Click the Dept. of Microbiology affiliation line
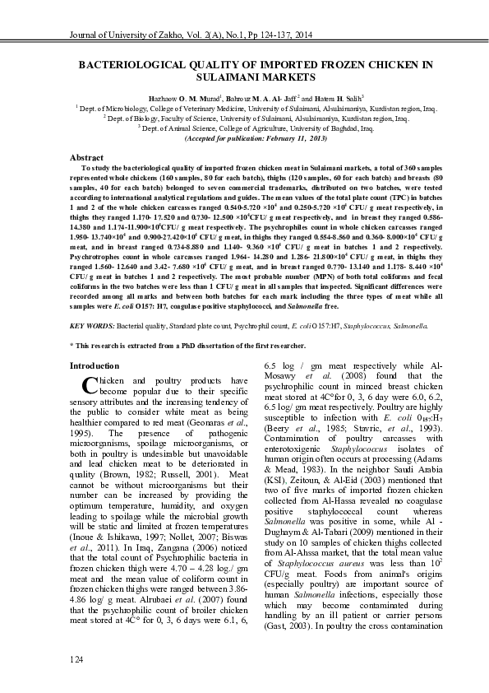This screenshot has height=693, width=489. pyautogui.click(x=244, y=108)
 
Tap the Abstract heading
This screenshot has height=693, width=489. pyautogui.click(x=86, y=157)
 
